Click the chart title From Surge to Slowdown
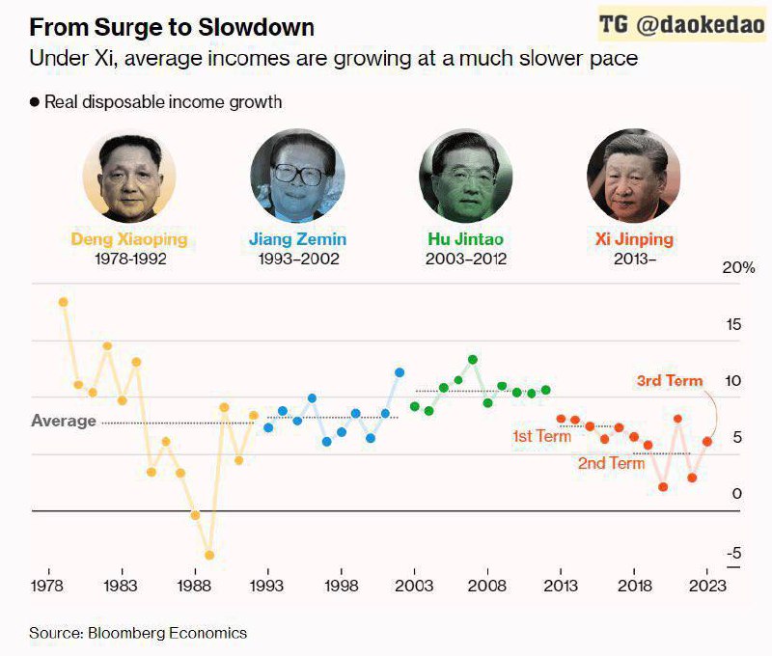[x=172, y=26]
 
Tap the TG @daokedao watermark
[x=681, y=25]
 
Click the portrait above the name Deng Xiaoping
[x=129, y=177]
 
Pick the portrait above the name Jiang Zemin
[x=297, y=177]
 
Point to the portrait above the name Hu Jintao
[x=465, y=177]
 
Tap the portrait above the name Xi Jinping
[x=632, y=177]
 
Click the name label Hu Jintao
[x=465, y=238]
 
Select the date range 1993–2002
[x=297, y=259]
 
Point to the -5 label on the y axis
[x=734, y=553]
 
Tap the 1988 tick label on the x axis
[x=194, y=586]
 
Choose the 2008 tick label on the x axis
[x=487, y=586]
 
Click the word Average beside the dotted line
[x=64, y=421]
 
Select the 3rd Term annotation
[x=669, y=381]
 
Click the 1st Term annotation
[x=541, y=436]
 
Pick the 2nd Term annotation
[x=611, y=463]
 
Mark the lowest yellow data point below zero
[x=209, y=556]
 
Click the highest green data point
[x=473, y=359]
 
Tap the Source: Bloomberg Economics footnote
[x=138, y=633]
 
